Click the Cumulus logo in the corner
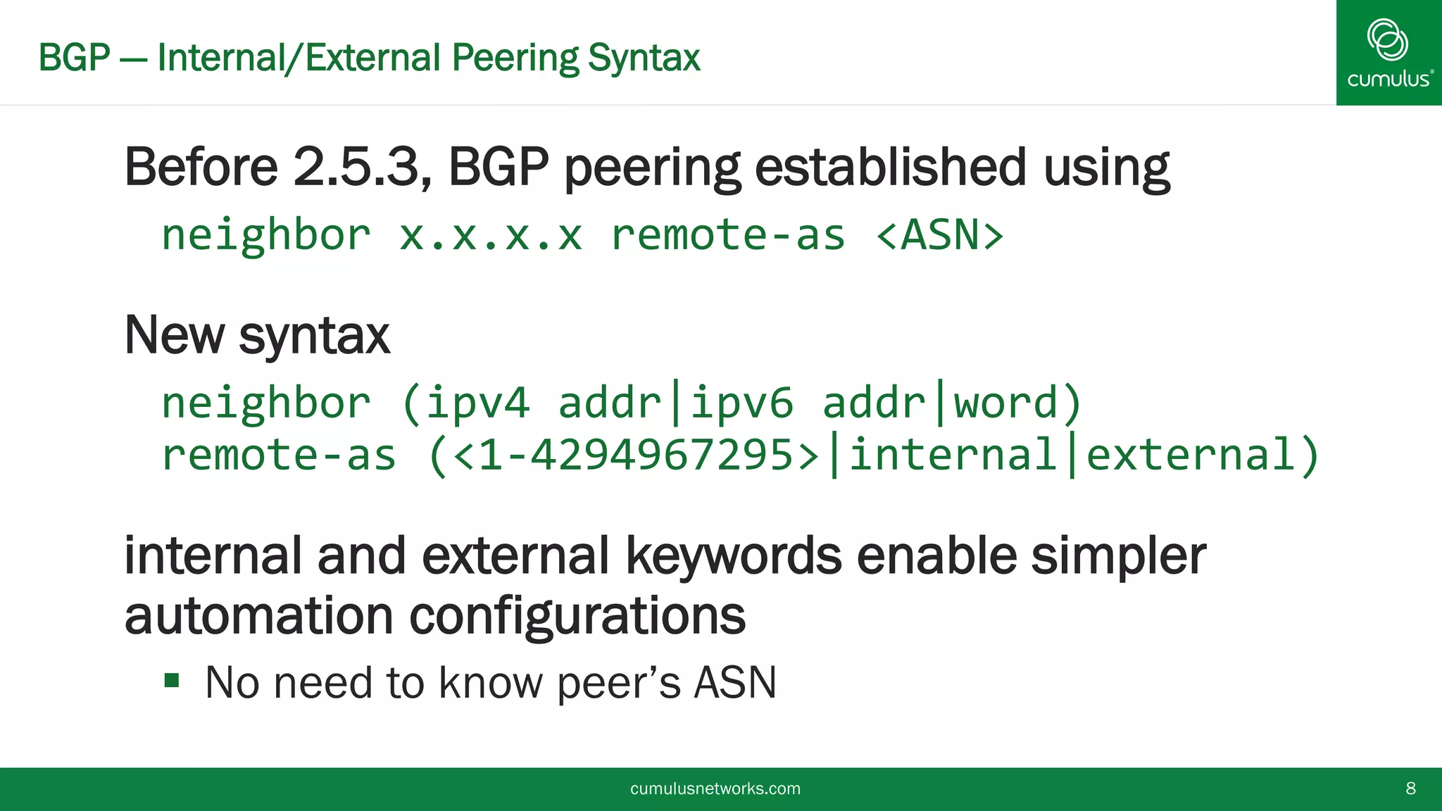point(1388,53)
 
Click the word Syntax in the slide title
point(644,58)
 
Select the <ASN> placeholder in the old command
point(939,235)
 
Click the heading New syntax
point(256,335)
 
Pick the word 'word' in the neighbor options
point(1005,403)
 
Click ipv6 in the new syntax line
point(741,403)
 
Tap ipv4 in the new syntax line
point(477,403)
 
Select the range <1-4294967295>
point(636,455)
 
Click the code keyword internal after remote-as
point(952,455)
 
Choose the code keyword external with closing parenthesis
point(1201,455)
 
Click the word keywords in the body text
point(733,556)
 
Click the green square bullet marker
point(172,680)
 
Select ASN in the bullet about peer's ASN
point(734,682)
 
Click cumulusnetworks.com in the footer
point(715,788)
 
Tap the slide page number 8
point(1410,788)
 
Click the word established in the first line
point(890,168)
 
